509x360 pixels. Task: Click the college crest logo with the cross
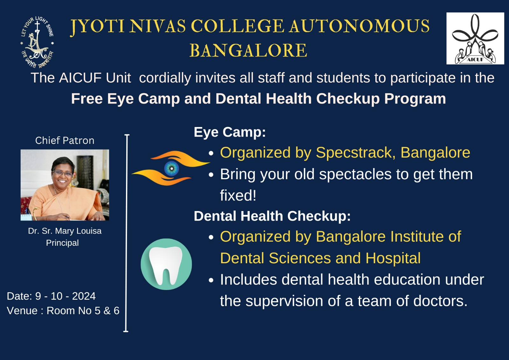pos(37,42)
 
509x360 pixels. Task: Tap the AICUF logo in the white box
pos(475,38)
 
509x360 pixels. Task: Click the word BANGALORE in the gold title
pos(248,50)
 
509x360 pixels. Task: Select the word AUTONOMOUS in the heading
pos(359,26)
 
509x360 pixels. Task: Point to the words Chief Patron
pos(65,141)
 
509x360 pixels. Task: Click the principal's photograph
pos(65,185)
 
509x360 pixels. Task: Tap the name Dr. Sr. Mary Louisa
pos(65,231)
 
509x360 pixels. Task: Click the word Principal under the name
pos(62,243)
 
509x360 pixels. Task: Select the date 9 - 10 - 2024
pos(66,296)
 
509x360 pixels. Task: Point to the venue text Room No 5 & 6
pos(83,311)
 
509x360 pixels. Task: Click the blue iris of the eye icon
pos(171,168)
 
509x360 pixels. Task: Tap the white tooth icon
pos(166,265)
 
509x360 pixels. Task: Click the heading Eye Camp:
pos(230,132)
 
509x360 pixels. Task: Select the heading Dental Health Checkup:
pos(272,216)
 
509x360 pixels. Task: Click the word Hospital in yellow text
pos(393,258)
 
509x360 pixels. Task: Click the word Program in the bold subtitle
pos(415,99)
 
